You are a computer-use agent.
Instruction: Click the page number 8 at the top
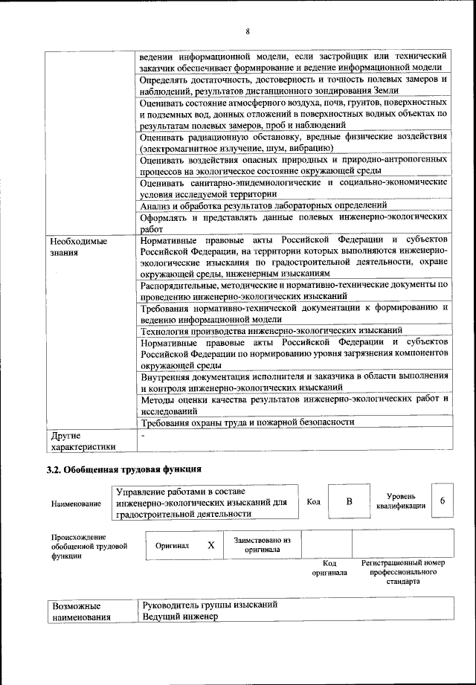[x=247, y=30]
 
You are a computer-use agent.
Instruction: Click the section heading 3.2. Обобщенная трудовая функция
[x=123, y=469]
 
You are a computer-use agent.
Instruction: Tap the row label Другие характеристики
[x=82, y=440]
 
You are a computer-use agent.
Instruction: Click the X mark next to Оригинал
[x=210, y=545]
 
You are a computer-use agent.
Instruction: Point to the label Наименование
[x=77, y=504]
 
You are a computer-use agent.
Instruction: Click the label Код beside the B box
[x=314, y=502]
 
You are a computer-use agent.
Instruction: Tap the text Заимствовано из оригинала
[x=262, y=545]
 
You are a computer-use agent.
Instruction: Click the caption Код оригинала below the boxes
[x=329, y=568]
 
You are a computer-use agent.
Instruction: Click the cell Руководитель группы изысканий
[x=210, y=605]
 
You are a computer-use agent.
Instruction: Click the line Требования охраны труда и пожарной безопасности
[x=247, y=422]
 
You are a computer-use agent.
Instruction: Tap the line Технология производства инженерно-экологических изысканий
[x=271, y=329]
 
